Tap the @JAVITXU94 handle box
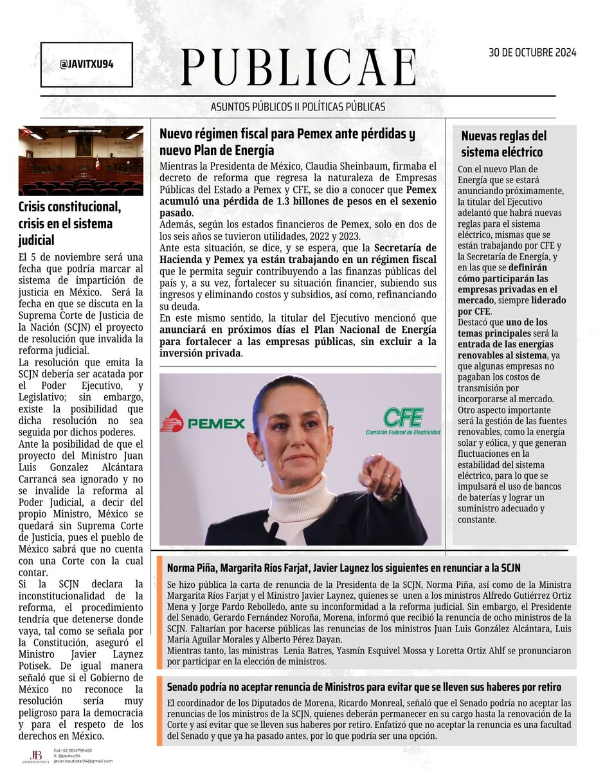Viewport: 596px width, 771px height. tap(86, 65)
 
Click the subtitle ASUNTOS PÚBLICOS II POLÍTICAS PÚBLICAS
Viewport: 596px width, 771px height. tap(298, 107)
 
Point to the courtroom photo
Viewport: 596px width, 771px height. tap(81, 161)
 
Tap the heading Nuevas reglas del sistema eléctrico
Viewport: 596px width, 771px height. tap(503, 144)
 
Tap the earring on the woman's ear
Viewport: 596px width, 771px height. tap(262, 461)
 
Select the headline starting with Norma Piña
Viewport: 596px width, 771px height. tap(343, 568)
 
